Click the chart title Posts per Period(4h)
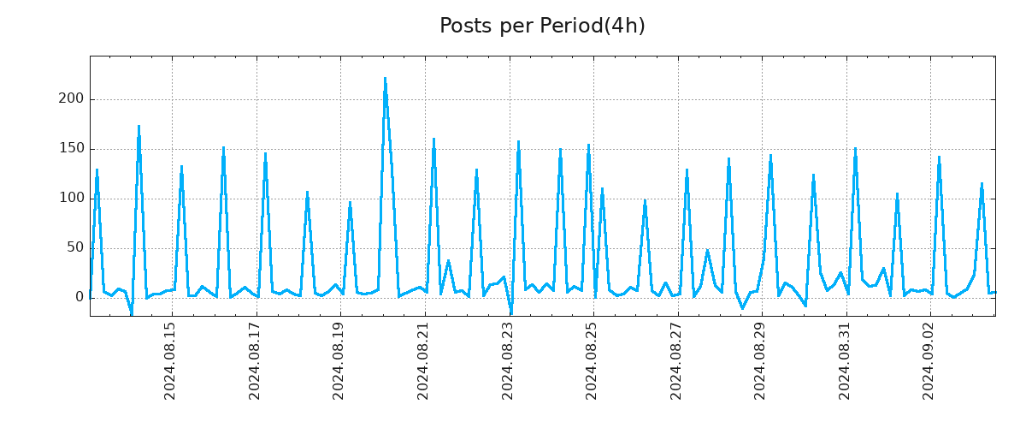tap(542, 27)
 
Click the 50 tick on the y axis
tap(76, 248)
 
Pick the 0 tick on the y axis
tap(80, 297)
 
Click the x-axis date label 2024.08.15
tap(170, 361)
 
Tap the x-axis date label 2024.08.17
tap(255, 361)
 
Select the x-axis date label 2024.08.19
tap(339, 361)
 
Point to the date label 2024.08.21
tap(423, 361)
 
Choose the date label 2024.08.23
tap(508, 361)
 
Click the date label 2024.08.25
tap(592, 361)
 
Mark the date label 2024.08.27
tap(676, 361)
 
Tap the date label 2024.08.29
tap(760, 361)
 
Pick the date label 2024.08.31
tap(845, 361)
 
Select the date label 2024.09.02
tap(929, 361)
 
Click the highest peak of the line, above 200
tap(385, 79)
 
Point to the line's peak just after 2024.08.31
tap(855, 149)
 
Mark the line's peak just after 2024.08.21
tap(433, 140)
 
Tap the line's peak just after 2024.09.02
tap(939, 158)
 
